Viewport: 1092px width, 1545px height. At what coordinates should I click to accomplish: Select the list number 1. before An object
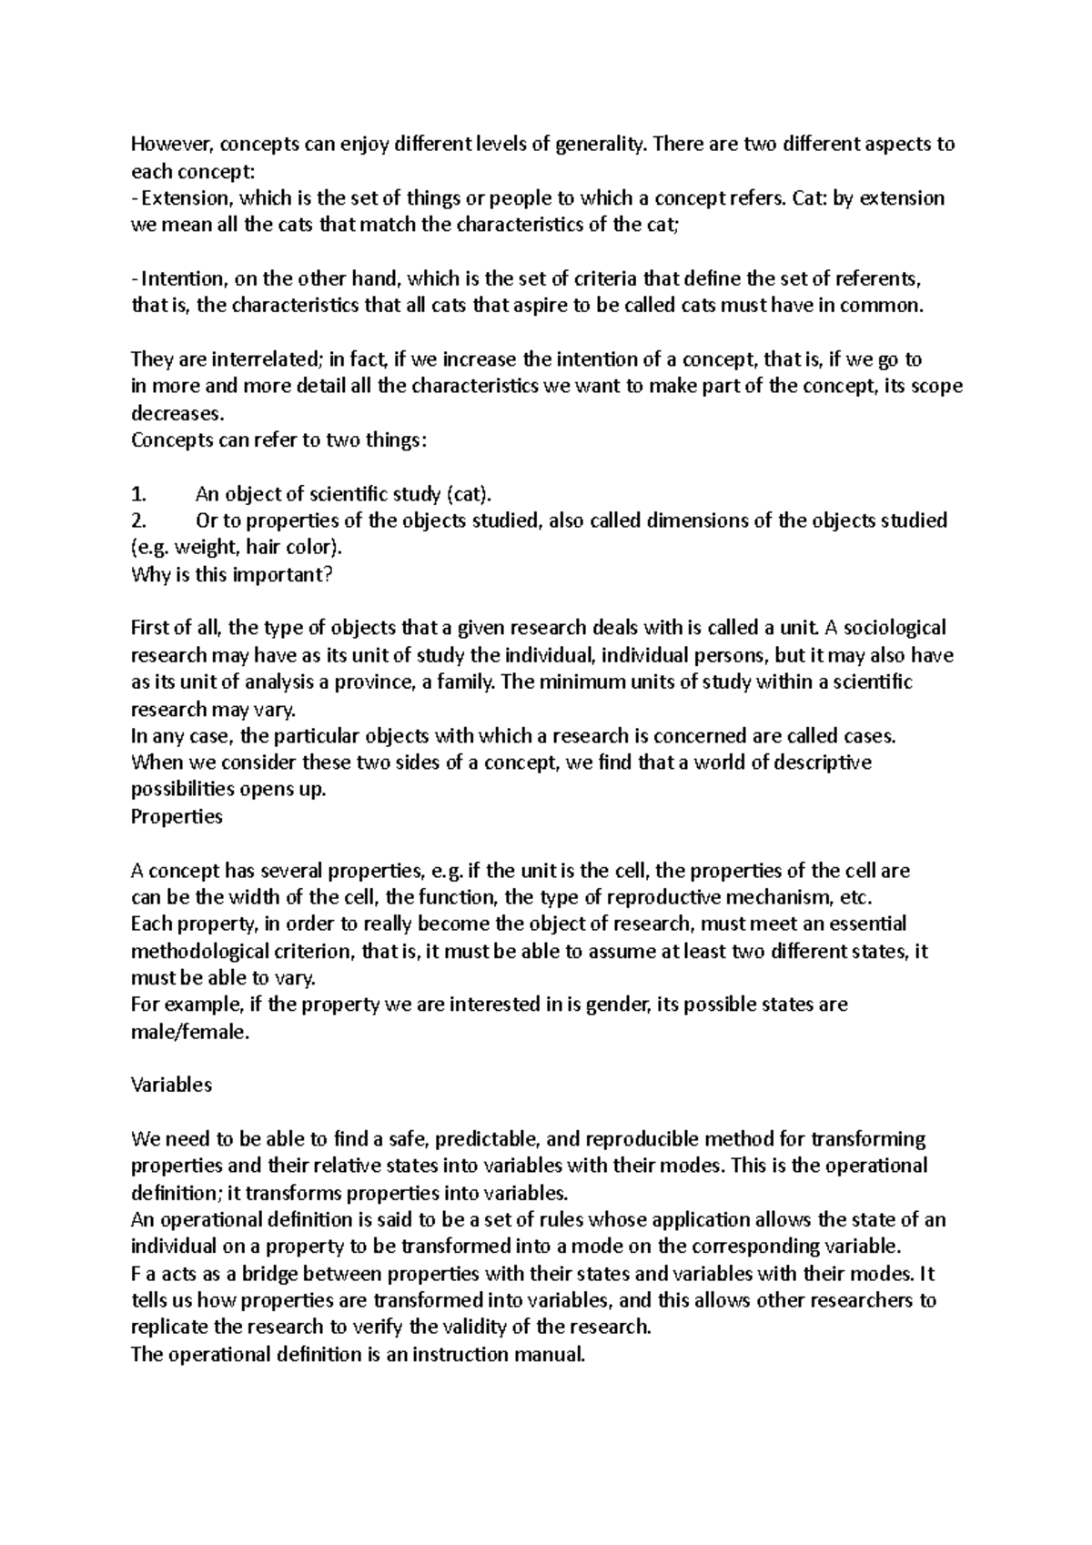138,494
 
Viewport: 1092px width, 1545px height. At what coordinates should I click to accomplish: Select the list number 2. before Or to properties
138,520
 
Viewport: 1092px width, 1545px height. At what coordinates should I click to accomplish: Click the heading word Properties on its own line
177,816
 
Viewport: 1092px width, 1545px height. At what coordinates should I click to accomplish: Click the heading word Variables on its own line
171,1085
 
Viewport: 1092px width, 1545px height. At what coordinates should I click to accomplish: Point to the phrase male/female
189,1032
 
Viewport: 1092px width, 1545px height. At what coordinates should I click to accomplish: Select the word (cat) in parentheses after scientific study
468,494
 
